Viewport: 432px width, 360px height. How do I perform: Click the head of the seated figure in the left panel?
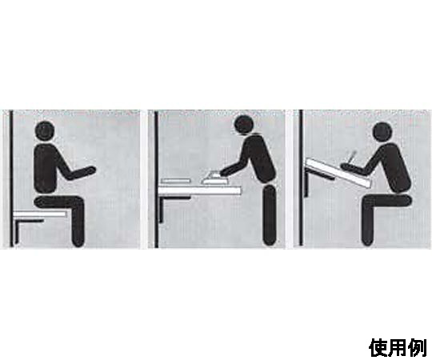(x=46, y=131)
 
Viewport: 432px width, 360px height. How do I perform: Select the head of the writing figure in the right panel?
(x=382, y=132)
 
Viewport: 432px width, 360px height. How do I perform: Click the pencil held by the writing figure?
(x=351, y=158)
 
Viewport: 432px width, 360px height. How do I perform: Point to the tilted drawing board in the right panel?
(x=338, y=173)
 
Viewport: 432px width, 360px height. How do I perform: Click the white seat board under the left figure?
(x=40, y=214)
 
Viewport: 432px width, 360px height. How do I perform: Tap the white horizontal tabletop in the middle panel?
(x=199, y=190)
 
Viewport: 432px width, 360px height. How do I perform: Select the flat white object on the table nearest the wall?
(x=176, y=181)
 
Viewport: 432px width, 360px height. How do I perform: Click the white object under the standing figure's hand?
(x=214, y=178)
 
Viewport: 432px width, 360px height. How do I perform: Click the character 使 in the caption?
(x=379, y=348)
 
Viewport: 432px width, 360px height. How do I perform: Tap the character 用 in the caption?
(x=398, y=348)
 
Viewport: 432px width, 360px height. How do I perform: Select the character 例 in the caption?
(x=418, y=348)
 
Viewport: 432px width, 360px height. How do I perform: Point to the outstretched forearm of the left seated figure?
(x=82, y=173)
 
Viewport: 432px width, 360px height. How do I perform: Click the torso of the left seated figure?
(x=46, y=168)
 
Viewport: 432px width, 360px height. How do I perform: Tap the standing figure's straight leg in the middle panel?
(x=270, y=215)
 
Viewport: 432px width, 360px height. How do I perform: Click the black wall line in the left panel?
(x=11, y=178)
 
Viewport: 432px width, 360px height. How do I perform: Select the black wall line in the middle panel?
(x=157, y=178)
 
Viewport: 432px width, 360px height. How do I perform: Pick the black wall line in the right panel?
(x=301, y=178)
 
